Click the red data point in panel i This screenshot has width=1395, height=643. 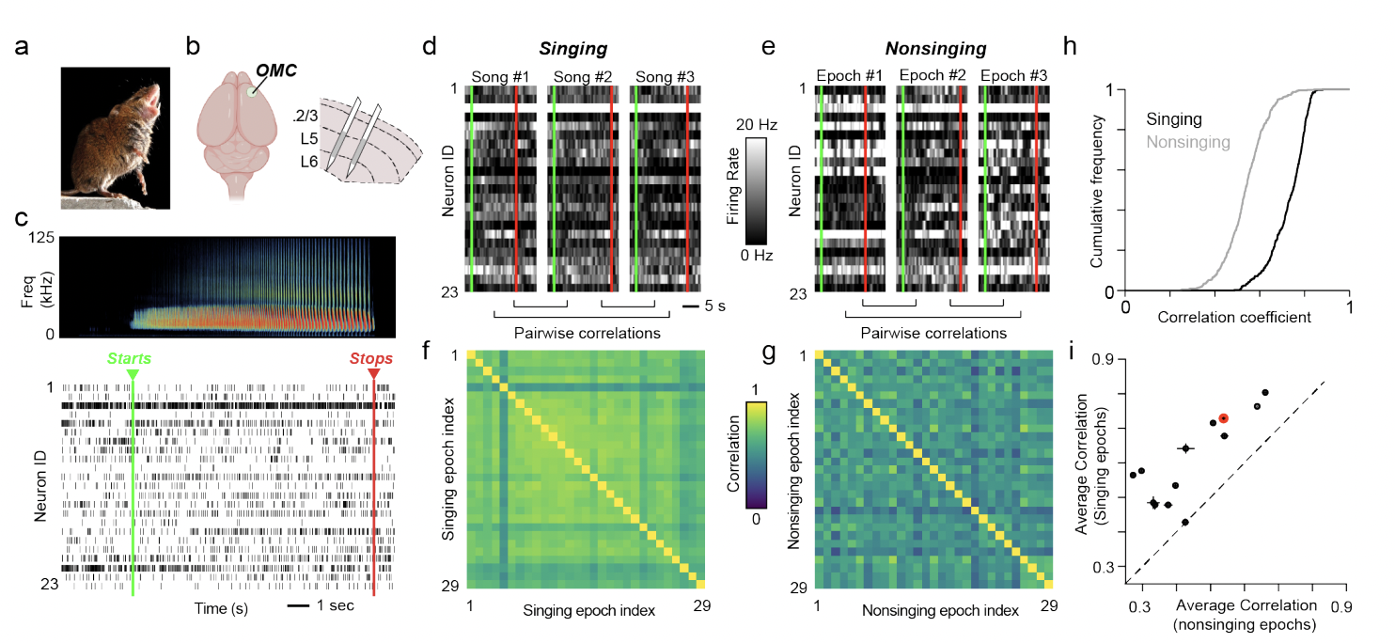coord(1223,418)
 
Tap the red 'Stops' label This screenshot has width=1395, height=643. coord(373,358)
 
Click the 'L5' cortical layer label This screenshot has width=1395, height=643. coord(306,138)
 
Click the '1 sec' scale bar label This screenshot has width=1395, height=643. coord(334,605)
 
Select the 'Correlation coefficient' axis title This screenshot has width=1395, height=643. coord(1234,317)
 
